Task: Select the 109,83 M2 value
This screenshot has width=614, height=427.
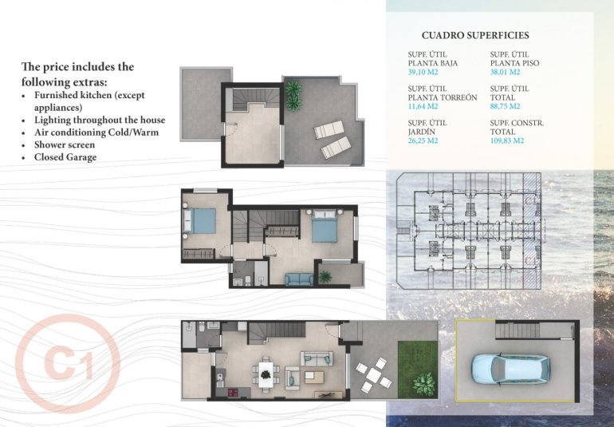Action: [x=506, y=140]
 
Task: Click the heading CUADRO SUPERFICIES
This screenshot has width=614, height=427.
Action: [x=474, y=35]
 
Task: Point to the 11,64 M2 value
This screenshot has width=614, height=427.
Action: [x=423, y=106]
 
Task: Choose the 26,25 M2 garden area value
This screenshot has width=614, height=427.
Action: [x=423, y=140]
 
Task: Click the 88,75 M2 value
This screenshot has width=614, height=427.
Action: [x=505, y=106]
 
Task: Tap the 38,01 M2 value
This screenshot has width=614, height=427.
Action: [x=506, y=71]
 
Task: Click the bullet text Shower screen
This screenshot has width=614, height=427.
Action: [x=65, y=144]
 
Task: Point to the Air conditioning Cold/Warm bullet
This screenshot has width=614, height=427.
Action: [x=96, y=132]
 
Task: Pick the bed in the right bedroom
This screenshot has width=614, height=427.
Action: [x=325, y=227]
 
